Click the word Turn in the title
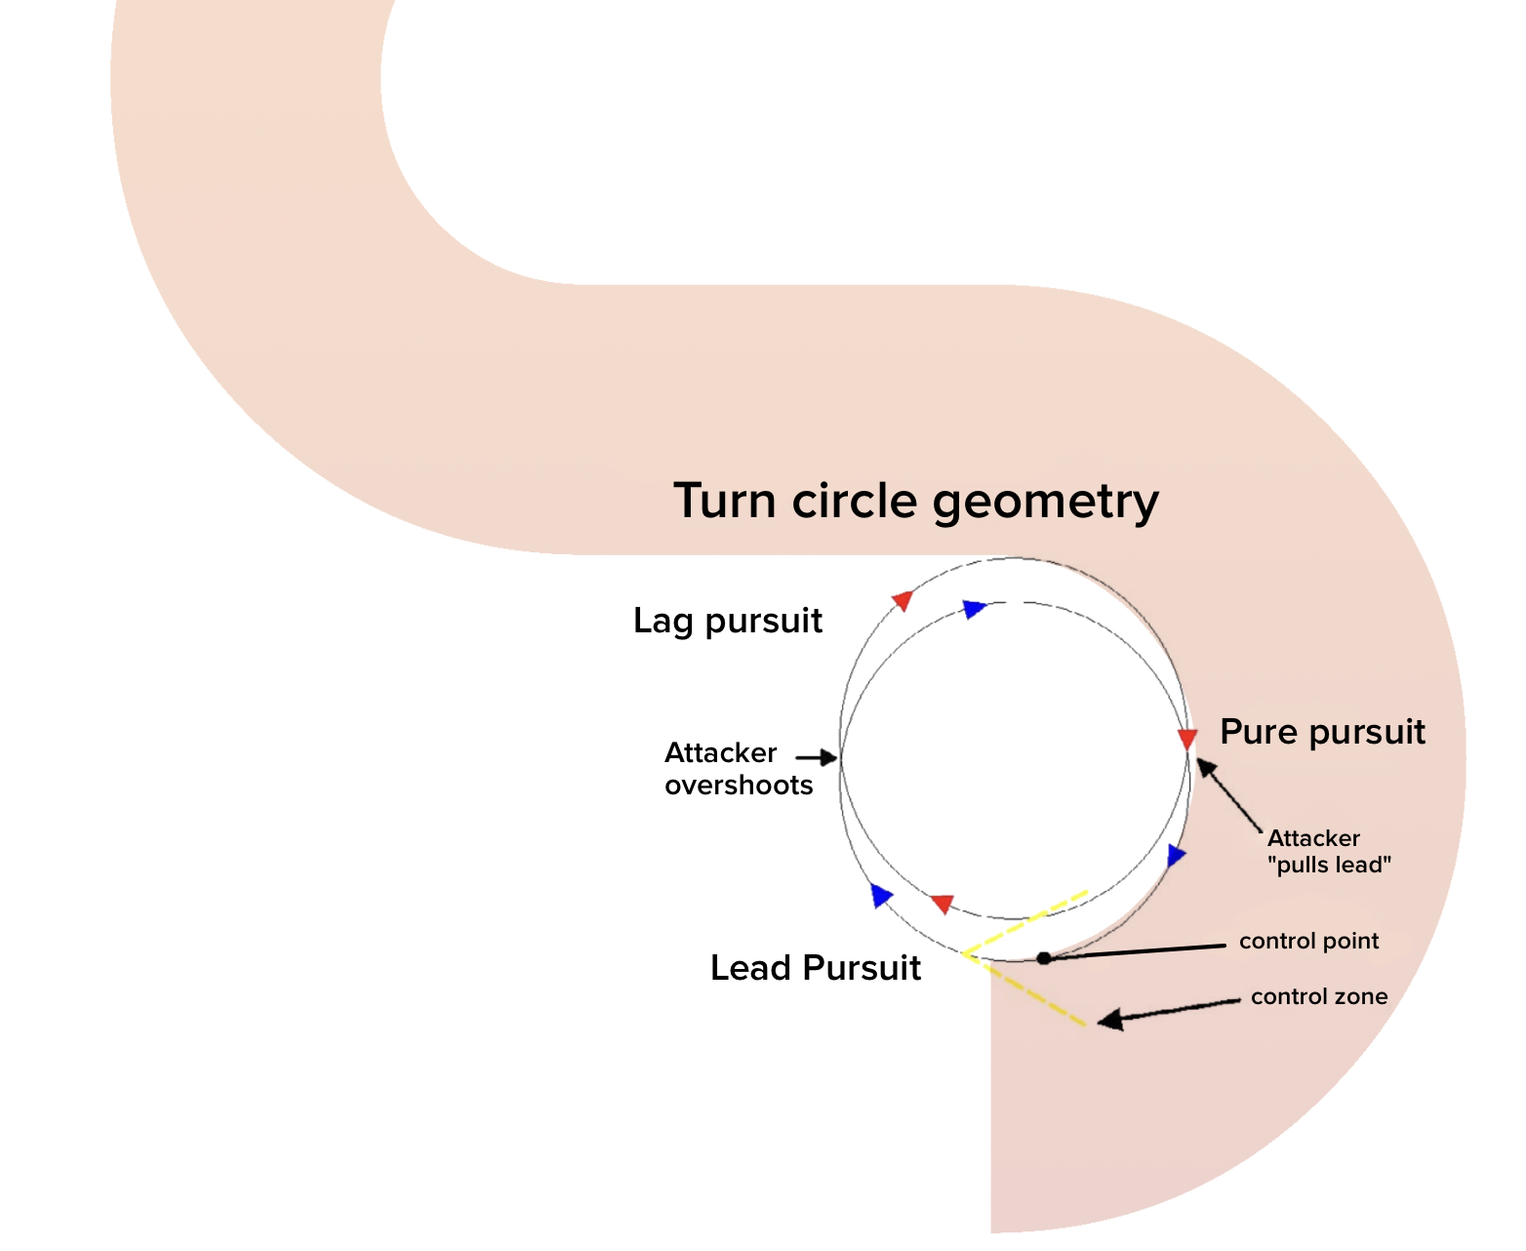click(x=726, y=502)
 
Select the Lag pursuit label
click(x=727, y=621)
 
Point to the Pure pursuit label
click(x=1322, y=732)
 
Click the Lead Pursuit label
click(x=815, y=968)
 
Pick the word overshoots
click(x=739, y=786)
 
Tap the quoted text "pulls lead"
click(x=1329, y=865)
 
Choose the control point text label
click(x=1308, y=942)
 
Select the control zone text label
click(x=1318, y=997)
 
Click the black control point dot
click(x=1043, y=958)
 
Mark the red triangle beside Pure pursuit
click(x=1186, y=738)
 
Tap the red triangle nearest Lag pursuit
click(x=903, y=600)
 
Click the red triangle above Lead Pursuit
click(x=942, y=904)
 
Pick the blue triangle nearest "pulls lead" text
click(x=1176, y=856)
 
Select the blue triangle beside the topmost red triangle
click(x=974, y=609)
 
